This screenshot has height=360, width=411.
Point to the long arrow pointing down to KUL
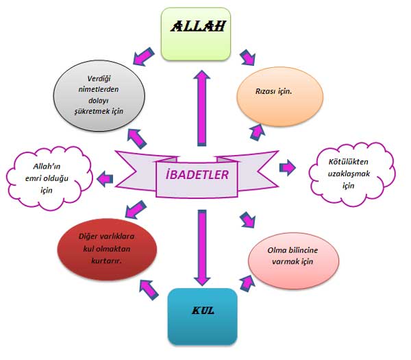pos(201,247)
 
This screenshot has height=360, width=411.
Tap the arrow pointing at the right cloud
pos(288,167)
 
